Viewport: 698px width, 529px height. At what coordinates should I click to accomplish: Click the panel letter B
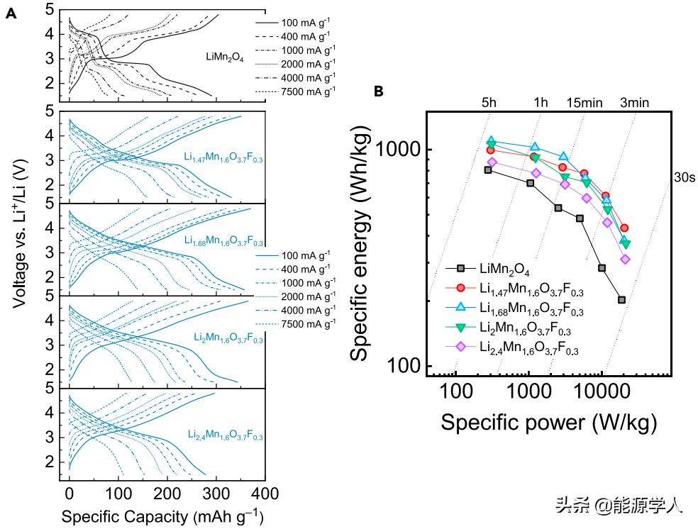click(x=379, y=91)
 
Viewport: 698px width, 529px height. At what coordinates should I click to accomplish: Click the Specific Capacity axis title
click(x=162, y=516)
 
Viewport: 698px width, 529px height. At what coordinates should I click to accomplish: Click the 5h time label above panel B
click(x=489, y=102)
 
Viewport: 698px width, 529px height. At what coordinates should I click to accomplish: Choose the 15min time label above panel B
click(x=584, y=102)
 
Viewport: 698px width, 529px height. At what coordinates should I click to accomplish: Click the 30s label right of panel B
click(x=680, y=177)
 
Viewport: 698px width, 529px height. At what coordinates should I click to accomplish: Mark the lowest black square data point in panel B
click(x=621, y=300)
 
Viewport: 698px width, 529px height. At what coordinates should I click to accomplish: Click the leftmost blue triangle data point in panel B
click(x=491, y=141)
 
